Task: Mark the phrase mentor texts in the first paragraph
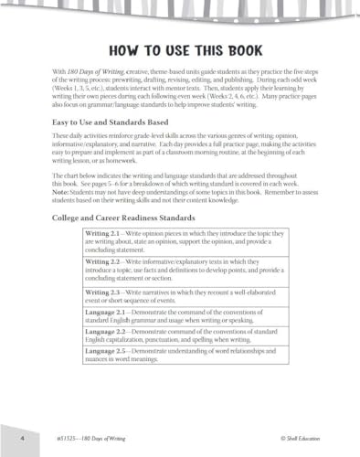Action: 190,89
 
